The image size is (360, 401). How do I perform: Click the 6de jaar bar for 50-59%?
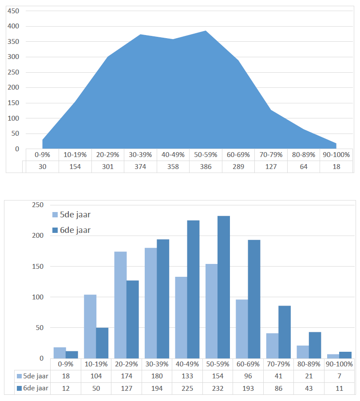tap(224, 287)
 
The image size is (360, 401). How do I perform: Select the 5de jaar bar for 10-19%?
tap(90, 326)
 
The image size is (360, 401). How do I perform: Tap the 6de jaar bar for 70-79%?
tap(285, 332)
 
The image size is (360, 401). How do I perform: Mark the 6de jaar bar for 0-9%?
tap(72, 355)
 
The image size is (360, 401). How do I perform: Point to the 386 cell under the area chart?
tap(206, 167)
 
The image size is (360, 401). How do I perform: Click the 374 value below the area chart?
tap(140, 167)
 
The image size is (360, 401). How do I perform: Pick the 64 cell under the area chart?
tap(304, 167)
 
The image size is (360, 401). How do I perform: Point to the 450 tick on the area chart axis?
tap(13, 11)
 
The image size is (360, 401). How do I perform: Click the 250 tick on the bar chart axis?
tap(38, 205)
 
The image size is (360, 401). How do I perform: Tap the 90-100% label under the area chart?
tap(336, 155)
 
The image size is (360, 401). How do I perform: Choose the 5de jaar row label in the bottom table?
tap(33, 376)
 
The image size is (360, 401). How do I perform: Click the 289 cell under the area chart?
tap(238, 167)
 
